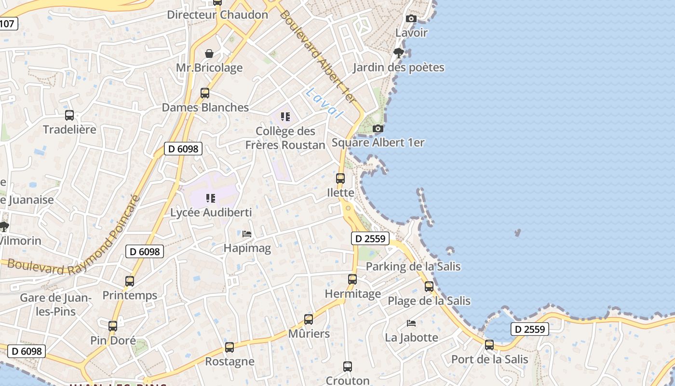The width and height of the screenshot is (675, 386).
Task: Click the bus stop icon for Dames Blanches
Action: (205, 93)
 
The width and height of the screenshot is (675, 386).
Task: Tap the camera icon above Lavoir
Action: (411, 19)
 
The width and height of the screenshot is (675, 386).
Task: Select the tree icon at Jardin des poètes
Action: (398, 53)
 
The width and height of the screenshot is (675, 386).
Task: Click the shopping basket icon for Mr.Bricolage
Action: (209, 54)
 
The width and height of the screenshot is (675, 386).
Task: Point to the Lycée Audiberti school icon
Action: (211, 198)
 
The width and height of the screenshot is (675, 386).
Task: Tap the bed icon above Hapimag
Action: (247, 234)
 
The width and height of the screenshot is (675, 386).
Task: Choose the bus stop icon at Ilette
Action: (340, 179)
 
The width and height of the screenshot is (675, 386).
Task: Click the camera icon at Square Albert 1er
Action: (378, 129)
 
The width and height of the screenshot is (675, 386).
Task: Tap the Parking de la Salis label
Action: (413, 266)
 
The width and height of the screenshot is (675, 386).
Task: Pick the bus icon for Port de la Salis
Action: (489, 345)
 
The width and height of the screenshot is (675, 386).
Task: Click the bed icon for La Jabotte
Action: (411, 323)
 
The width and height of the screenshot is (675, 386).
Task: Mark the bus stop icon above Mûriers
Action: (309, 319)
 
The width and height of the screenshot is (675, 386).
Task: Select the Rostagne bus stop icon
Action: (229, 347)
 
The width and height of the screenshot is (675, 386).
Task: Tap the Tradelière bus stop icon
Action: (69, 115)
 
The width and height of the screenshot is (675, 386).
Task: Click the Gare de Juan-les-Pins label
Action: (55, 304)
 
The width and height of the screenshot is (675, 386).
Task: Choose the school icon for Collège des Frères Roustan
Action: (285, 117)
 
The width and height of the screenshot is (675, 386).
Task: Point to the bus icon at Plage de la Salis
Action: (429, 287)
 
